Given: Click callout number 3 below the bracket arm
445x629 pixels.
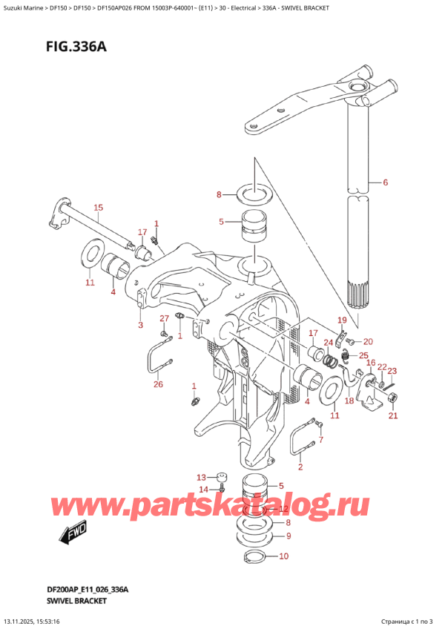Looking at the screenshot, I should click(x=139, y=324).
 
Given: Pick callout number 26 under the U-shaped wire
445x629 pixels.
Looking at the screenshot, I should click(x=156, y=383).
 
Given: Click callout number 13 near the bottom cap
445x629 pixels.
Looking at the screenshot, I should click(x=201, y=477).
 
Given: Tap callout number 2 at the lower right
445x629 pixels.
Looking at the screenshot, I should click(x=300, y=467).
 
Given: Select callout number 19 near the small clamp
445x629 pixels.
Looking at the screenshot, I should click(x=342, y=320).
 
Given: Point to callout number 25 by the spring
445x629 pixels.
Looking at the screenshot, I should click(x=363, y=356).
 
